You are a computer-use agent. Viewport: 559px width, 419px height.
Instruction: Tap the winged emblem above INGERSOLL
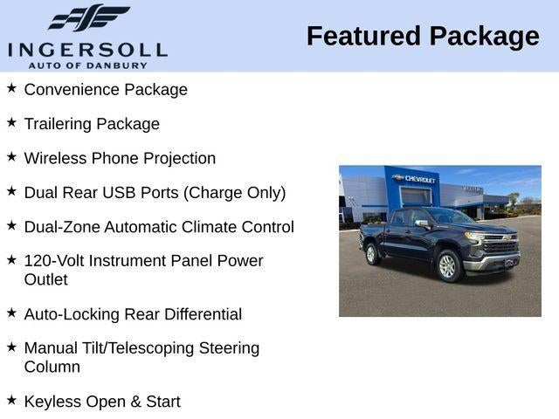tap(88, 18)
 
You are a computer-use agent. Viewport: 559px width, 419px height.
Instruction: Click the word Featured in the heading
tap(362, 36)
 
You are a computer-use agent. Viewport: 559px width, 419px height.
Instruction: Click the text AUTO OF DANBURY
tap(87, 65)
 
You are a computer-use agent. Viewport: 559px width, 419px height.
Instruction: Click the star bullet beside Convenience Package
tap(11, 88)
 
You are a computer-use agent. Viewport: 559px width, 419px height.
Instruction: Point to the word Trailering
tap(58, 124)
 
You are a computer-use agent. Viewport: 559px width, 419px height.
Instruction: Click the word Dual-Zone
tap(62, 227)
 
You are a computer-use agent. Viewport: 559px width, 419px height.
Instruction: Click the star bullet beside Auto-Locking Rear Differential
tap(11, 313)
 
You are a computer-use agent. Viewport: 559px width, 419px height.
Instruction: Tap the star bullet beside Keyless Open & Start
tap(11, 400)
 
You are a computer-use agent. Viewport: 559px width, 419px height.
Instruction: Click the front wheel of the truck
tap(449, 266)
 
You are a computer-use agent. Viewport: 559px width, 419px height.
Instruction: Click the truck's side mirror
tap(422, 223)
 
